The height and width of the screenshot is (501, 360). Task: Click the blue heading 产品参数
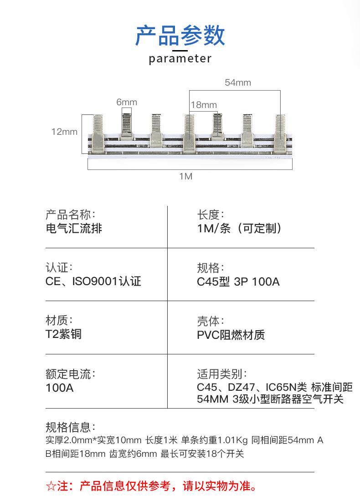click(x=180, y=36)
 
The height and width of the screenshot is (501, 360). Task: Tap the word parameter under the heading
click(x=180, y=59)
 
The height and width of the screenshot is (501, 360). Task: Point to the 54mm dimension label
click(x=238, y=82)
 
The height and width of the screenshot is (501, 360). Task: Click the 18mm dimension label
click(x=204, y=105)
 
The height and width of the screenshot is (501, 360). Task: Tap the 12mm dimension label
click(x=64, y=132)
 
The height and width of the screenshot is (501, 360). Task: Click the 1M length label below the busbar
click(x=185, y=176)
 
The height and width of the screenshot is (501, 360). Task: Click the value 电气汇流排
click(x=74, y=228)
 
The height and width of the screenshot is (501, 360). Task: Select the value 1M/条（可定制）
click(x=240, y=228)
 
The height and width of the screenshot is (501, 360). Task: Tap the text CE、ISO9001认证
click(x=93, y=281)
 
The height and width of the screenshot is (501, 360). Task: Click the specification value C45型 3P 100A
click(x=238, y=281)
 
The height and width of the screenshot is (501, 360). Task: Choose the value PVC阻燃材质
click(x=231, y=335)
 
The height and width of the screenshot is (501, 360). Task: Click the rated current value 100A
click(x=59, y=388)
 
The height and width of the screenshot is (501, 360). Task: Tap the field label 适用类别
click(x=222, y=374)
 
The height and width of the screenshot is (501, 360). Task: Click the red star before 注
click(x=51, y=486)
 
